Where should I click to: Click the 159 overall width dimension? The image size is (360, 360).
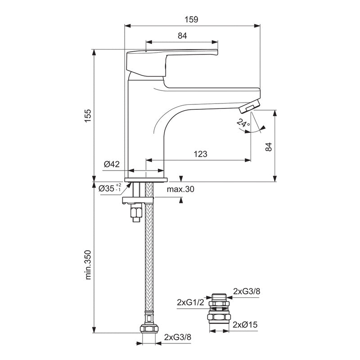tap(193, 19)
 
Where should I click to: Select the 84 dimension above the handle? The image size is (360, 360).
tap(182, 36)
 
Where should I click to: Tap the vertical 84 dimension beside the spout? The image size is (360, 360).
tap(269, 146)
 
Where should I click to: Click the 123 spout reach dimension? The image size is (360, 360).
tap(200, 154)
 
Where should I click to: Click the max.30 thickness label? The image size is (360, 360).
tap(180, 189)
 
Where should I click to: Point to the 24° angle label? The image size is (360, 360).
tap(243, 123)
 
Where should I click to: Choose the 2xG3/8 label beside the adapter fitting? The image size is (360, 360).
tap(247, 292)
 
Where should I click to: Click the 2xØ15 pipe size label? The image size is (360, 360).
tap(246, 324)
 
